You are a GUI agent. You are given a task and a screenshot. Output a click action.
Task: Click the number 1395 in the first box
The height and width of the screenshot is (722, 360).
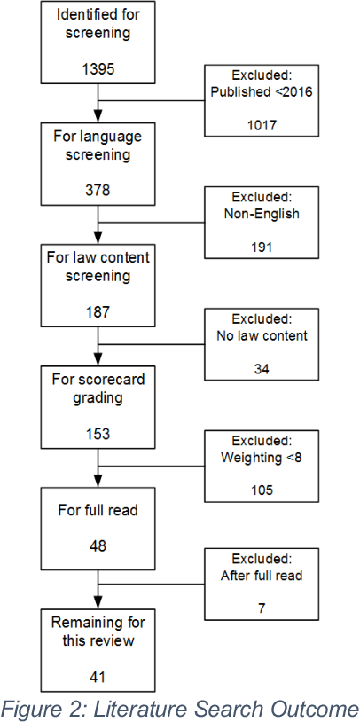98,68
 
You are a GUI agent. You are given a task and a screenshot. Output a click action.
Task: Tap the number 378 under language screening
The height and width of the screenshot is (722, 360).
98,190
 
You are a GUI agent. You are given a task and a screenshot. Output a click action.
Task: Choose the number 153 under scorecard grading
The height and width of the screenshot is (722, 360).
98,433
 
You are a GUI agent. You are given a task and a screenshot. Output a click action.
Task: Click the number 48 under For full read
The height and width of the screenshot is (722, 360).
98,545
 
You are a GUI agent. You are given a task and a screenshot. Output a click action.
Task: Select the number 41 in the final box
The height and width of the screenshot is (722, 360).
98,676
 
